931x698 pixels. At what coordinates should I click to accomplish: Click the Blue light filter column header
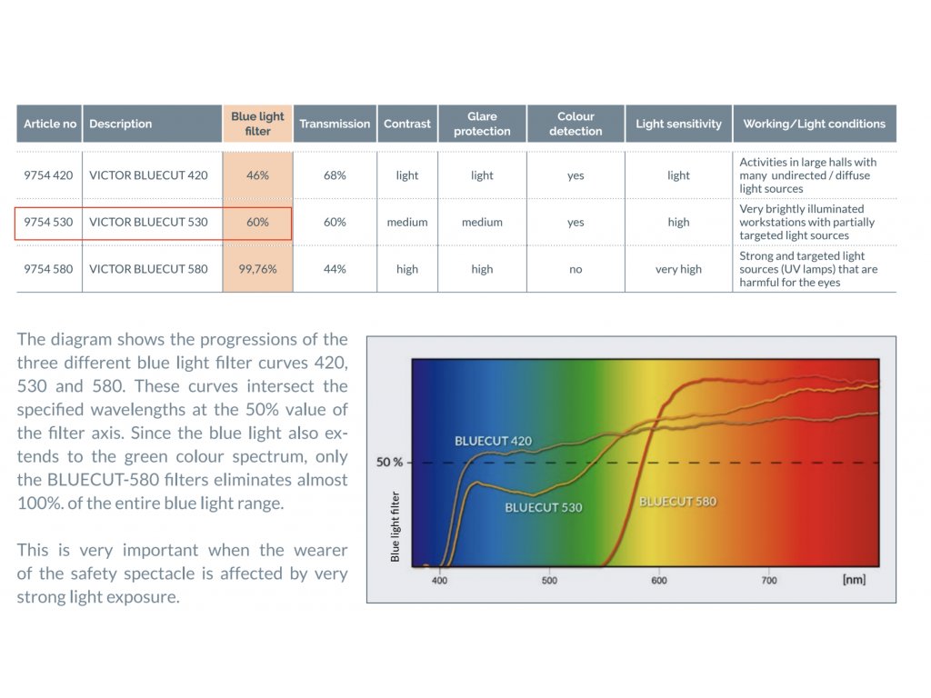pos(257,124)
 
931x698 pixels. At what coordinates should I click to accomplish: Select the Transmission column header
pos(335,124)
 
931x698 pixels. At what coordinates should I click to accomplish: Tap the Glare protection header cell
pos(482,124)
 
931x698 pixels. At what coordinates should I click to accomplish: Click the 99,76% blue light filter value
pos(257,269)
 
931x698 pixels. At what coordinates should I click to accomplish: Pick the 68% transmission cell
pos(335,175)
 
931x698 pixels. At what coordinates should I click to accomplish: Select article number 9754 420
pos(48,175)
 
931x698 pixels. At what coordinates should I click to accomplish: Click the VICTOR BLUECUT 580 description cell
pos(148,269)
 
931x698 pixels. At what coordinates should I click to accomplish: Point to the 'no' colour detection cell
pos(576,269)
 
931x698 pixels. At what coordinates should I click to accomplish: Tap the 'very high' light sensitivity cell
pos(678,269)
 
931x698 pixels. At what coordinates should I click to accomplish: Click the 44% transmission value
pos(335,269)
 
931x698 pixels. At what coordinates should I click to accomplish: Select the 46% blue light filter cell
pos(257,175)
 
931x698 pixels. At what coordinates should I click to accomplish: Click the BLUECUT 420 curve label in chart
pos(494,441)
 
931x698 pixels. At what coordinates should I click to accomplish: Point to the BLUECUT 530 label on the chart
pos(544,507)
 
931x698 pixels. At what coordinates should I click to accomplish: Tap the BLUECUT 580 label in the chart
pos(678,502)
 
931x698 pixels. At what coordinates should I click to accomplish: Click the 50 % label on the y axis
pos(389,462)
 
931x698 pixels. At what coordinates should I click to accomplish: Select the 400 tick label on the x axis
pos(439,581)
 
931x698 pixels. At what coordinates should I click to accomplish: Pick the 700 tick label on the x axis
pos(769,581)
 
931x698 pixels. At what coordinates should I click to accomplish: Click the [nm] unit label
pos(854,579)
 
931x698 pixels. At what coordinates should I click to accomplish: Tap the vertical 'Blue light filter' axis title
pos(395,526)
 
